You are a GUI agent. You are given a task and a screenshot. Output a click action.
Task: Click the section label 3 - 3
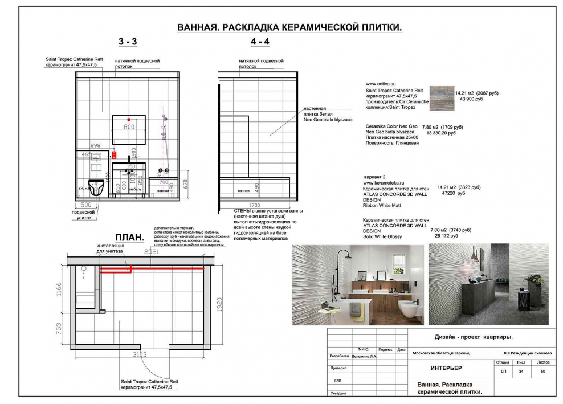[128, 42]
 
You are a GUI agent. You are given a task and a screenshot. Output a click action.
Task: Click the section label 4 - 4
[260, 42]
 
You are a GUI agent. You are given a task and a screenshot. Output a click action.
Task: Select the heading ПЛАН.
[130, 237]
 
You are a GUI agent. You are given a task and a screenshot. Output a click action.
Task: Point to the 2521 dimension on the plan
[151, 251]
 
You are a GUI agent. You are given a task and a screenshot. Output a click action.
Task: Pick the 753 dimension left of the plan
[58, 331]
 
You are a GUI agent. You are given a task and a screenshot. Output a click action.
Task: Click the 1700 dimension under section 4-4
[254, 204]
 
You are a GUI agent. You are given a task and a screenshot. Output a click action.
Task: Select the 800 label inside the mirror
[129, 126]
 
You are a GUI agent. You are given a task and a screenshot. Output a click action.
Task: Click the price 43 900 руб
[467, 99]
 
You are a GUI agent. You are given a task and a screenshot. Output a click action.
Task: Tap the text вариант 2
[375, 177]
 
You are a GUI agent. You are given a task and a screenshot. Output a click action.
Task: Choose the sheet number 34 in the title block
[520, 372]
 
